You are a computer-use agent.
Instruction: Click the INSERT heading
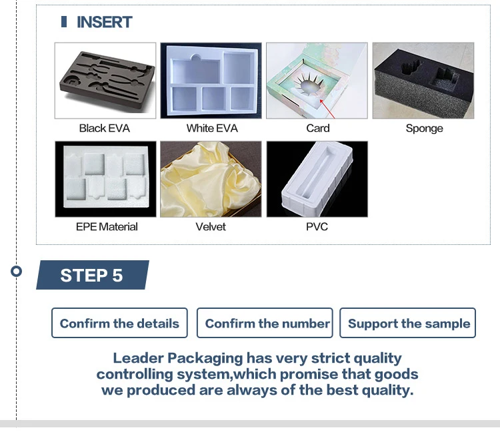pyautogui.click(x=104, y=22)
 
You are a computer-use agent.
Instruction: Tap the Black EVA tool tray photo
pyautogui.click(x=105, y=81)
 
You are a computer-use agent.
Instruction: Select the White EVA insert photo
pyautogui.click(x=211, y=81)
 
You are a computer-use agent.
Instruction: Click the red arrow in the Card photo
pyautogui.click(x=327, y=109)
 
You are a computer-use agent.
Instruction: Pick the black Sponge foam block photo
pyautogui.click(x=423, y=81)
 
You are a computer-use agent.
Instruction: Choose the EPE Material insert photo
pyautogui.click(x=105, y=179)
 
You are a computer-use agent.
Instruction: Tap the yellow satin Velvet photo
pyautogui.click(x=211, y=179)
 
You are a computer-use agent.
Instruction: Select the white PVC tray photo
pyautogui.click(x=317, y=179)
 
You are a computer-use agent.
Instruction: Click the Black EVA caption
pyautogui.click(x=104, y=128)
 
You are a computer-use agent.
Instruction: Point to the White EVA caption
pyautogui.click(x=212, y=128)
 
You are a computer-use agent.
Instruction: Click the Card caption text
pyautogui.click(x=318, y=128)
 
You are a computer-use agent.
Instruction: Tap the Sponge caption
pyautogui.click(x=424, y=128)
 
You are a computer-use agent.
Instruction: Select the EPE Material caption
pyautogui.click(x=107, y=226)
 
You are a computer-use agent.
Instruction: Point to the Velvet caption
pyautogui.click(x=211, y=226)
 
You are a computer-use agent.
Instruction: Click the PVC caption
pyautogui.click(x=317, y=226)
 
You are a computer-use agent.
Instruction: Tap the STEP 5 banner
pyautogui.click(x=93, y=275)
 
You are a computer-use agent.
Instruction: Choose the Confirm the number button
pyautogui.click(x=265, y=323)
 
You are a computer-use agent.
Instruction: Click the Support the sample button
pyautogui.click(x=407, y=323)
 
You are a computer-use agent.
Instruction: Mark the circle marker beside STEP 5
pyautogui.click(x=16, y=271)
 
